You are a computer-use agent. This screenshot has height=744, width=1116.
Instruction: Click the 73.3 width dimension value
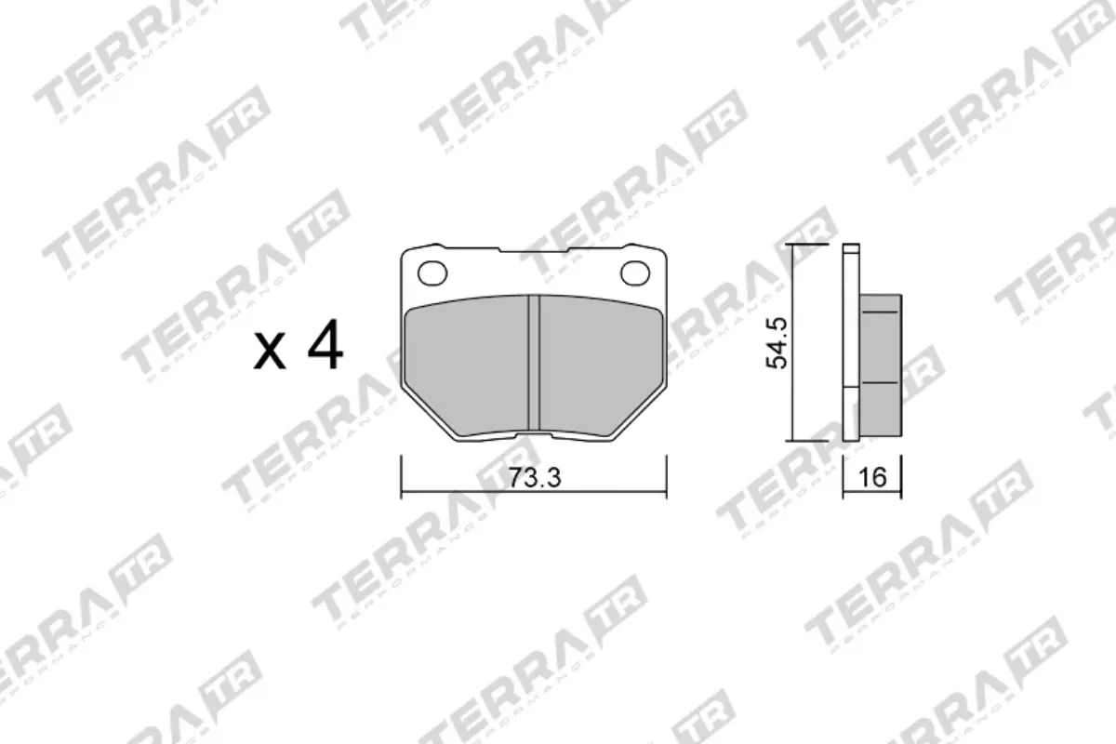click(533, 478)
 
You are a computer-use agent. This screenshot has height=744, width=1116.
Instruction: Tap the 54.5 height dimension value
click(777, 342)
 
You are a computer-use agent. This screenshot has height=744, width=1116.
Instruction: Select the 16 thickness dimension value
click(871, 478)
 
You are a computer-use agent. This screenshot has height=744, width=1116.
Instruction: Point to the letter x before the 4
click(271, 354)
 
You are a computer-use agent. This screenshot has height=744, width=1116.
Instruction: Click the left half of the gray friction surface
click(469, 363)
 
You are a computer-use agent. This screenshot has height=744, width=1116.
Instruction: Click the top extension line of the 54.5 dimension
click(807, 245)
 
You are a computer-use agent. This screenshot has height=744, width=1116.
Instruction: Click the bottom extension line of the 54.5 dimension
click(807, 439)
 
